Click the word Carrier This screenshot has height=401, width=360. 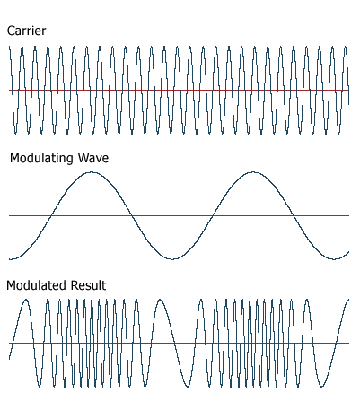(x=26, y=31)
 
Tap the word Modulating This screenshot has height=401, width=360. (x=42, y=158)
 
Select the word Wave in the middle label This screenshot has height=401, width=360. (x=93, y=158)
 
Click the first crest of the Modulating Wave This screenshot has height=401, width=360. (x=92, y=172)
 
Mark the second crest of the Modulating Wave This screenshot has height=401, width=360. (x=253, y=172)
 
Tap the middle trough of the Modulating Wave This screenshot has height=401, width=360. (x=172, y=259)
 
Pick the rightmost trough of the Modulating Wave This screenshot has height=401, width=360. (x=334, y=259)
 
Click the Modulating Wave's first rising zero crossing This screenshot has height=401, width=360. (x=51, y=215)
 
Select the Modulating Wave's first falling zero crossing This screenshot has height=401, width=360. (x=132, y=215)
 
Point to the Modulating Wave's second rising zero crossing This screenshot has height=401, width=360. (x=213, y=215)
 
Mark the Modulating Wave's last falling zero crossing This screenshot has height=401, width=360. (x=294, y=215)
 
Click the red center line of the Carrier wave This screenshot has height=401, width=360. (x=179, y=90)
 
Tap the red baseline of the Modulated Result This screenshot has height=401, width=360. (x=179, y=343)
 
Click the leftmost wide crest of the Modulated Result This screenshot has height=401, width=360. (x=26, y=300)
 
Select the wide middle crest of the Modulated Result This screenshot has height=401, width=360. (x=161, y=300)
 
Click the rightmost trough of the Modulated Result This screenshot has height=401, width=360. (x=322, y=386)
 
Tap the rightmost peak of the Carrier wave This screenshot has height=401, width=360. (x=346, y=47)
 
